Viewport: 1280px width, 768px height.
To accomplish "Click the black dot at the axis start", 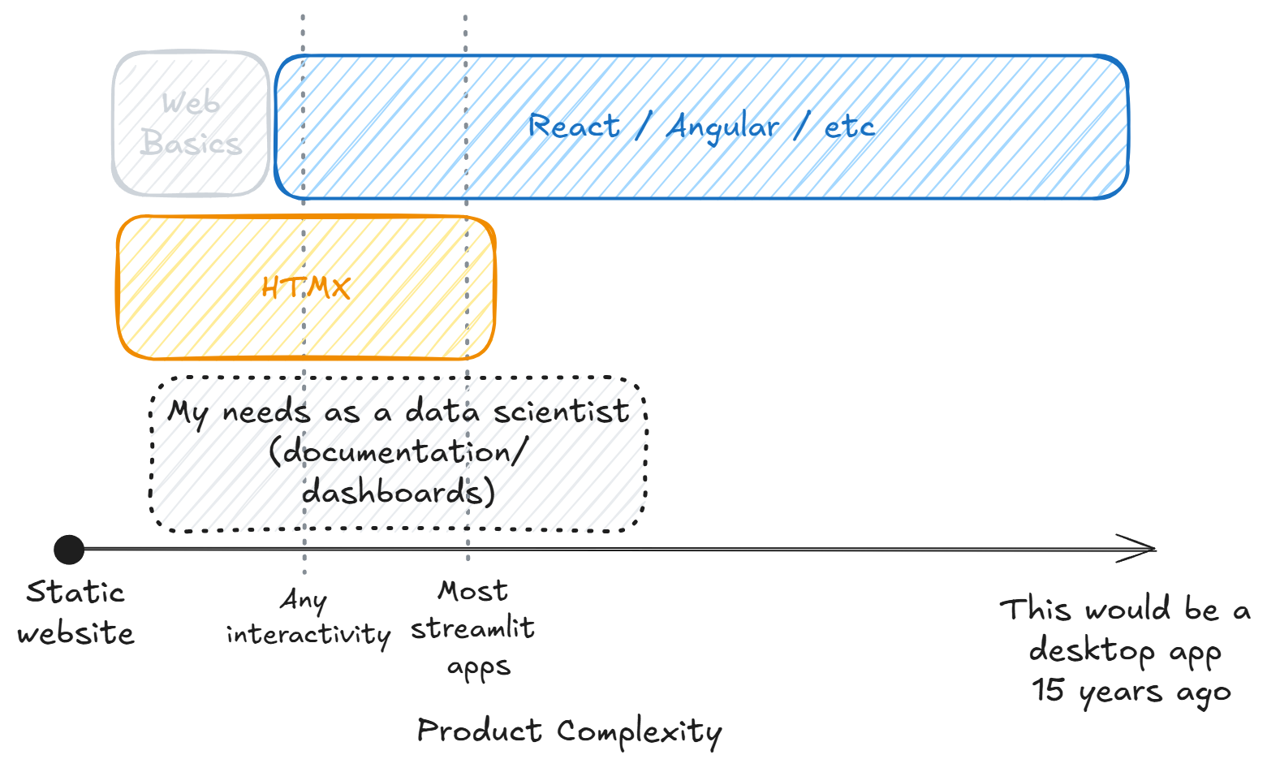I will [69, 550].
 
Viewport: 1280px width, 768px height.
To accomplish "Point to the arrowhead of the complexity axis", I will [1146, 549].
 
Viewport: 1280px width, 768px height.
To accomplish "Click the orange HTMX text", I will [306, 287].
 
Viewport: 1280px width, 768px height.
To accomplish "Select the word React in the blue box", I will [574, 127].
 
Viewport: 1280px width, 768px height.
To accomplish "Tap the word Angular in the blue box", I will [723, 127].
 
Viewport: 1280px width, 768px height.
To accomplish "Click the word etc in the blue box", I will [849, 127].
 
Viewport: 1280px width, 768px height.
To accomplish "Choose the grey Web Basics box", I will [191, 123].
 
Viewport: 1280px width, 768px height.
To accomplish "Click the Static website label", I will [75, 613].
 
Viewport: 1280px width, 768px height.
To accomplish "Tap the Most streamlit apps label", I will [473, 629].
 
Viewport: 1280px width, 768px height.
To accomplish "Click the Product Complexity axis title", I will [569, 731].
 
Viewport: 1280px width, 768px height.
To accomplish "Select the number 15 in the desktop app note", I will [1048, 690].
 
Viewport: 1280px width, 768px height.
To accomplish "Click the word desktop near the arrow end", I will [1092, 650].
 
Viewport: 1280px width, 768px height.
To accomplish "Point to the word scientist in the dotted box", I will [561, 412].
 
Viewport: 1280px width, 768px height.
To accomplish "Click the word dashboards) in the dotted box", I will [399, 492].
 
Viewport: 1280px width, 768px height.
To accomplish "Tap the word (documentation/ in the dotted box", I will [399, 451].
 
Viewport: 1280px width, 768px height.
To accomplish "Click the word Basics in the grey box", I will [191, 144].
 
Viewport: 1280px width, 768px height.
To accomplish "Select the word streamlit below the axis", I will [472, 628].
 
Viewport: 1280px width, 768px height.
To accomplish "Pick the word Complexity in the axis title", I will [639, 731].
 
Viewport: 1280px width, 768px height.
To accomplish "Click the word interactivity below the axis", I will [308, 634].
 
